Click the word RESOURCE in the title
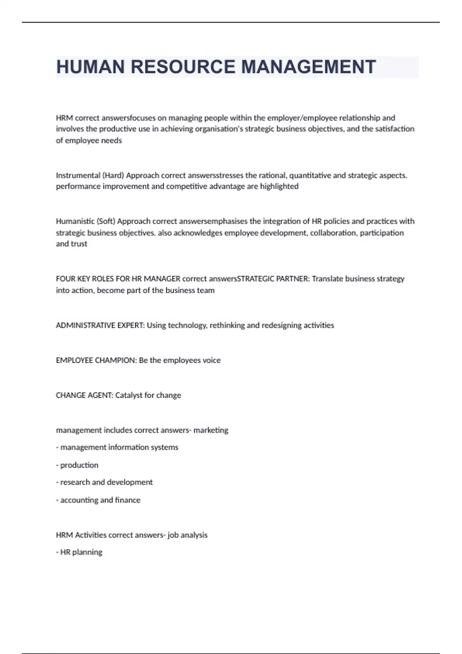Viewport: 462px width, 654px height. click(x=183, y=67)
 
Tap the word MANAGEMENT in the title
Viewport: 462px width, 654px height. click(x=308, y=67)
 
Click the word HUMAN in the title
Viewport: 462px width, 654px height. click(x=90, y=67)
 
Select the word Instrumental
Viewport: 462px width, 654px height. click(x=78, y=175)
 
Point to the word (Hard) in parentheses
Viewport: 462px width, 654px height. click(x=113, y=175)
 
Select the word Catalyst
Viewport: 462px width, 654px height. click(x=129, y=395)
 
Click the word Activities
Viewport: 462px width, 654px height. click(x=91, y=535)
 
